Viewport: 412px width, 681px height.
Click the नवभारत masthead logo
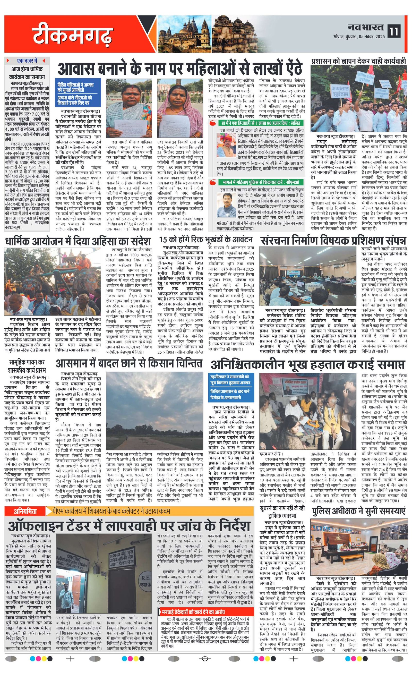365,27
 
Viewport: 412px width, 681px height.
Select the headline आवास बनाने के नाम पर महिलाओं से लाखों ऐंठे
180,68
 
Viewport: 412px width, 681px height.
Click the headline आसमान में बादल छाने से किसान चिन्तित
129,364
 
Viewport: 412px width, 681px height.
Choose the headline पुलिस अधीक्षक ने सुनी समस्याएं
359,512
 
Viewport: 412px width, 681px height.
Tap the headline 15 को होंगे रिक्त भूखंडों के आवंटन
205,239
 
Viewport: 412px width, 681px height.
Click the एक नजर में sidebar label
27,61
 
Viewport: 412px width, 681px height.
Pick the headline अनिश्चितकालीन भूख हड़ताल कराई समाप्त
307,364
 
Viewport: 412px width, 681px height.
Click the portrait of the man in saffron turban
226,145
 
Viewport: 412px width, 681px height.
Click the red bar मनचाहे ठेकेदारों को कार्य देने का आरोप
205,612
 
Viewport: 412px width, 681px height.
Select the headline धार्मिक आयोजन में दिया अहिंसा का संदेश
78,241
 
